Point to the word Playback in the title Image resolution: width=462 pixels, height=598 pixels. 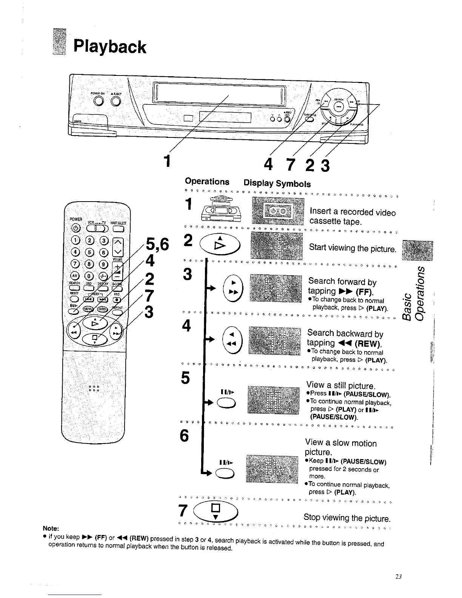click(109, 47)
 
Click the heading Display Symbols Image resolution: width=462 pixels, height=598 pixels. click(277, 184)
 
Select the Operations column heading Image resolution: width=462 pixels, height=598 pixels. click(207, 182)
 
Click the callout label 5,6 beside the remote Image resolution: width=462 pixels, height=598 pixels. click(156, 246)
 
